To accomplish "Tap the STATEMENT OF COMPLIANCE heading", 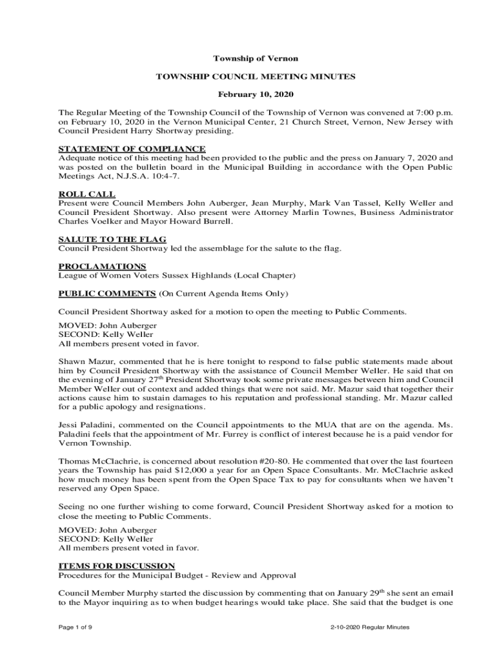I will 132,149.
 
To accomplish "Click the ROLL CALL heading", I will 87,194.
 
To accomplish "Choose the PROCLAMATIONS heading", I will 102,266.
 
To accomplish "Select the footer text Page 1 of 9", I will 76,627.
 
